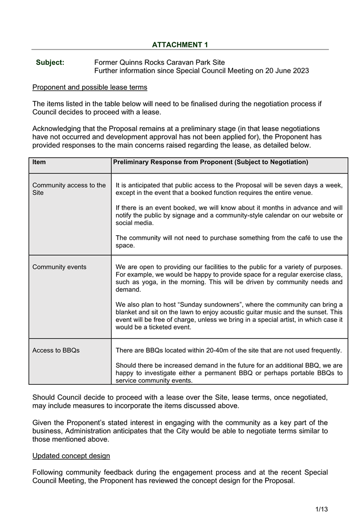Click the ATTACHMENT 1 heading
pyautogui.click(x=180, y=45)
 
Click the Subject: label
pyautogui.click(x=50, y=63)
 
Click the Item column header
pyautogui.click(x=39, y=162)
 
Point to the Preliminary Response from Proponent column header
pyautogui.click(x=211, y=162)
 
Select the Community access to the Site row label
pyautogui.click(x=69, y=189)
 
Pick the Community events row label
pyautogui.click(x=59, y=267)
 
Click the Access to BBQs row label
pyautogui.click(x=56, y=351)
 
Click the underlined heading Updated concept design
pyautogui.click(x=71, y=455)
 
